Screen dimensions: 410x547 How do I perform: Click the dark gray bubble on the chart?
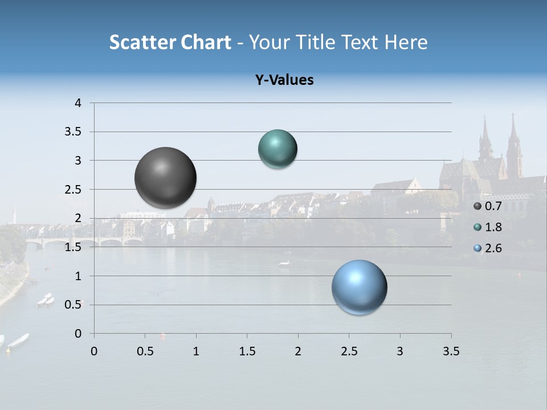[x=165, y=178]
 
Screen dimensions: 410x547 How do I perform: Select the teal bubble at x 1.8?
[x=277, y=149]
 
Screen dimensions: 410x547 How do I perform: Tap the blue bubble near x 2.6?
[x=359, y=287]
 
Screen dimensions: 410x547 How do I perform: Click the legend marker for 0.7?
[x=477, y=206]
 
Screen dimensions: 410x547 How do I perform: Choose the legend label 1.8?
[x=493, y=227]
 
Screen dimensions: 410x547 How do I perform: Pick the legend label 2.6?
[x=493, y=248]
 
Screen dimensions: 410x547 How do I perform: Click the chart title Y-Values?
[x=284, y=80]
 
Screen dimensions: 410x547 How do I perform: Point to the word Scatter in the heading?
[x=142, y=42]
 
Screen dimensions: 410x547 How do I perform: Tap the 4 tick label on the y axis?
[x=78, y=103]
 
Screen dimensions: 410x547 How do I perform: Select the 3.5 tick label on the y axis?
[x=74, y=132]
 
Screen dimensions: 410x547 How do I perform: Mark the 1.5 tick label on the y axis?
[x=74, y=247]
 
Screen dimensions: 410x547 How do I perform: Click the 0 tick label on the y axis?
[x=78, y=334]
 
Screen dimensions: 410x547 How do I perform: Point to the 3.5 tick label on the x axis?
[x=451, y=351]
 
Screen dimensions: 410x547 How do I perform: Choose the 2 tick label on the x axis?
[x=298, y=351]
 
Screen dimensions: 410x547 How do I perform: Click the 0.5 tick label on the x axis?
[x=145, y=351]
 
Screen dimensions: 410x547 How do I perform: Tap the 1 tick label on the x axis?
[x=196, y=351]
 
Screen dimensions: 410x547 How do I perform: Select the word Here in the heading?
[x=406, y=42]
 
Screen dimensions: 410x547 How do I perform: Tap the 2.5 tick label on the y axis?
[x=74, y=190]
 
